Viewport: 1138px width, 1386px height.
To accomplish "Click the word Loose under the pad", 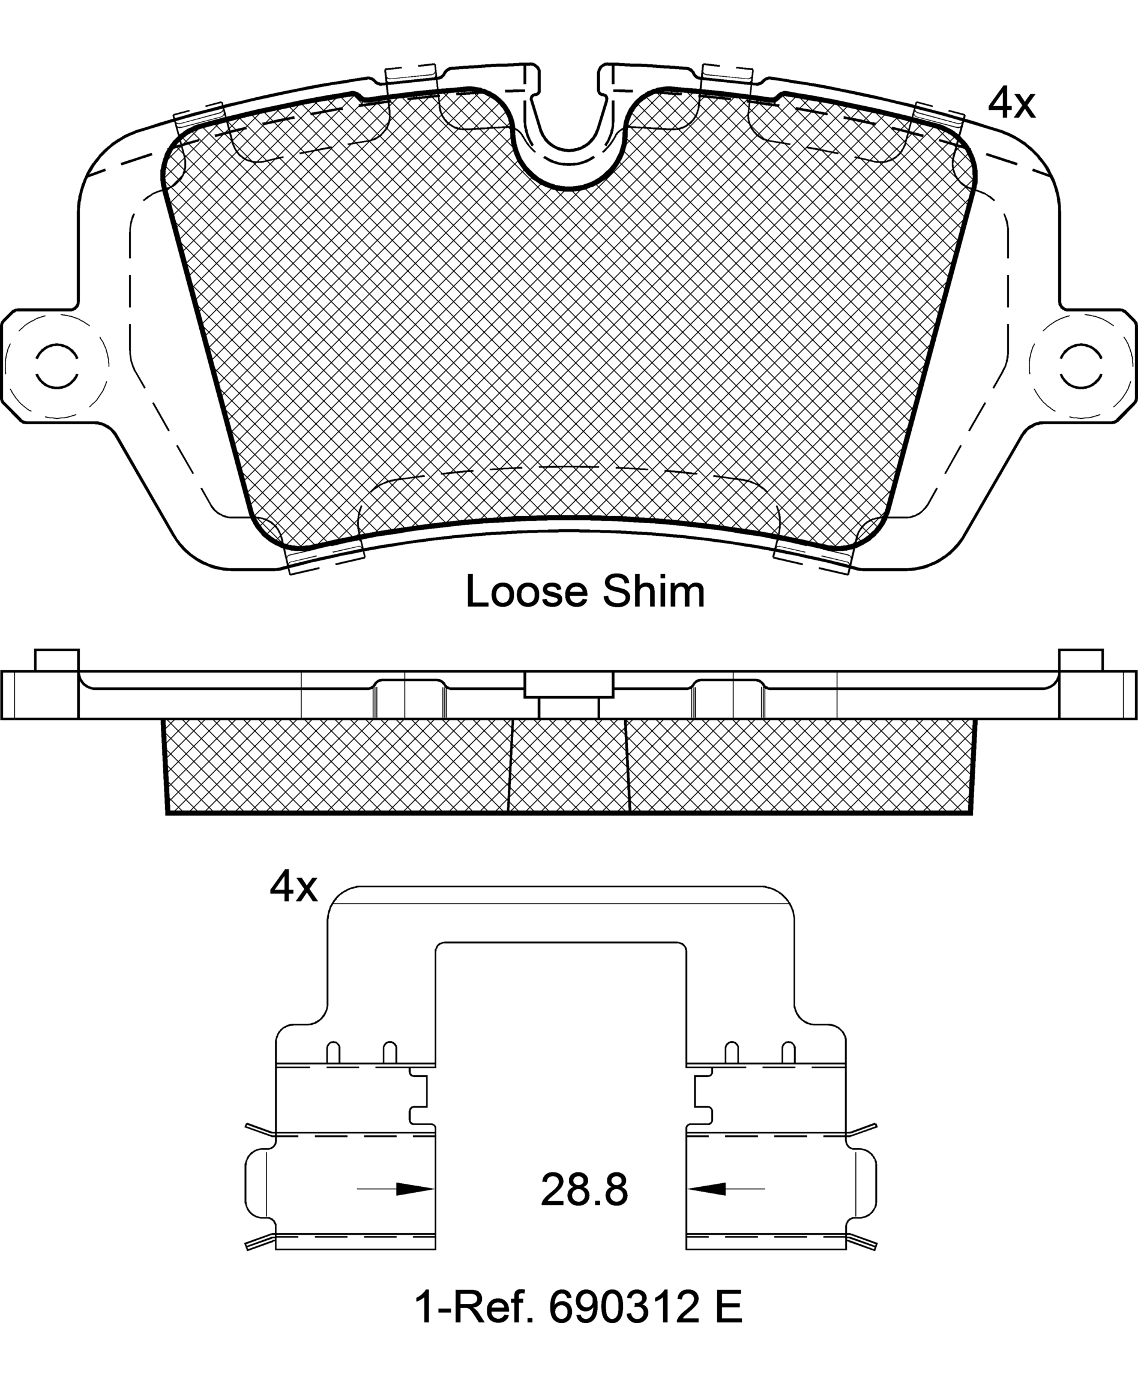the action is point(526,592).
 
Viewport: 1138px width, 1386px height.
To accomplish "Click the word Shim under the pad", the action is point(654,592).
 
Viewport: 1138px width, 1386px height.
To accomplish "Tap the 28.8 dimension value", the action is point(584,1189).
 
